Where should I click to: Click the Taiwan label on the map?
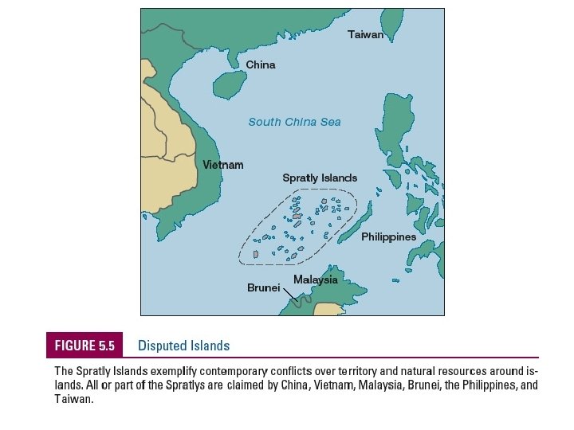coord(365,35)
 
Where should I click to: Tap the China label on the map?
coord(260,64)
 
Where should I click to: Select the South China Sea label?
coord(294,122)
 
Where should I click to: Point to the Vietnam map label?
coord(222,165)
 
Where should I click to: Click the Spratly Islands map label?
coord(320,178)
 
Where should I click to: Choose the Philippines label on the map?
coord(388,237)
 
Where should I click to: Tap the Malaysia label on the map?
coord(315,279)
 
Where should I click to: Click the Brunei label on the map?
coord(263,288)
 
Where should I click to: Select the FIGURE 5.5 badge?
coord(85,346)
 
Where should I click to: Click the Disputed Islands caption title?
coord(183,346)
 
